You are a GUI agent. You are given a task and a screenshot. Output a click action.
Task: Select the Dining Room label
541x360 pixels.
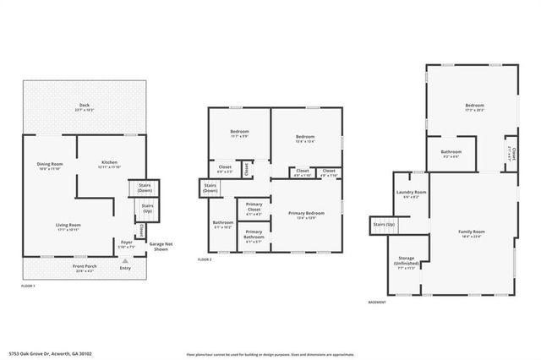50,165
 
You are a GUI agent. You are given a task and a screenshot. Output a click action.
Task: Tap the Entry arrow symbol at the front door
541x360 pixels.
126,262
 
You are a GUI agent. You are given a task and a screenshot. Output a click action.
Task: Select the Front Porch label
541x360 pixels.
85,268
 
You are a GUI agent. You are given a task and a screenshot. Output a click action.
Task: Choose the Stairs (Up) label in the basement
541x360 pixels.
384,225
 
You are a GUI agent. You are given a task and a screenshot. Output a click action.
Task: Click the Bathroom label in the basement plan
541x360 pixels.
451,154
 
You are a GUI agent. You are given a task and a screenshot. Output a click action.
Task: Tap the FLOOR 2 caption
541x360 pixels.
205,259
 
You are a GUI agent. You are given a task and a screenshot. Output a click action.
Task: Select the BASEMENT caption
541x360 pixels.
377,302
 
